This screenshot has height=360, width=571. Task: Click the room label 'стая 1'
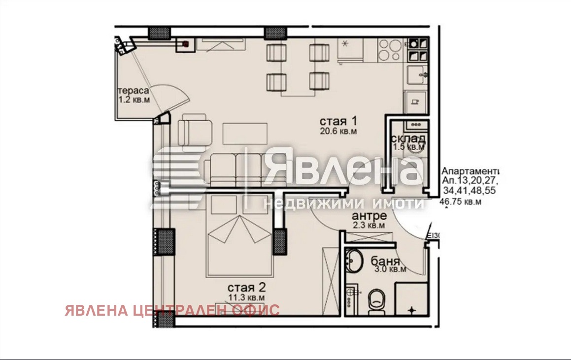[x=338, y=121]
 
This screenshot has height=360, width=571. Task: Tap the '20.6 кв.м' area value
[x=338, y=131]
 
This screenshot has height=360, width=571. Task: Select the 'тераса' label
[x=133, y=91]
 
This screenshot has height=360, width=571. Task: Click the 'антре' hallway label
[x=369, y=216]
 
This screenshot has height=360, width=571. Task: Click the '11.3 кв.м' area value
[x=247, y=297]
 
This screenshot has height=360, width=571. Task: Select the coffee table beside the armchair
[x=245, y=133]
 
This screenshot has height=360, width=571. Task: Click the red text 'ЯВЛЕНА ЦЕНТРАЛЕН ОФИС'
[x=172, y=310]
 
